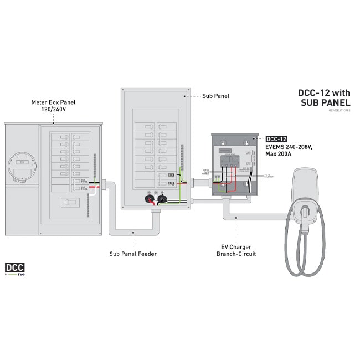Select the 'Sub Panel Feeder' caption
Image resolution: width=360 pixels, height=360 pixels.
coord(133,254)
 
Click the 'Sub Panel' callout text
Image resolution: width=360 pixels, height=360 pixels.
coord(216,96)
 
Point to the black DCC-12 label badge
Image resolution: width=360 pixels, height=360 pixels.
coord(276,138)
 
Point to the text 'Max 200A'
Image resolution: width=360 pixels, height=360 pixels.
coord(281,153)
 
